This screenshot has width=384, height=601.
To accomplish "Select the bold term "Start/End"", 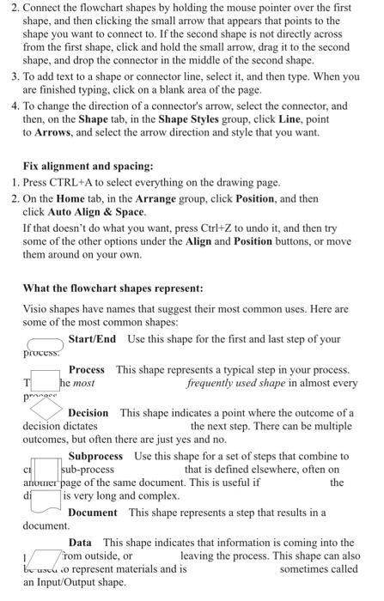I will coord(92,339).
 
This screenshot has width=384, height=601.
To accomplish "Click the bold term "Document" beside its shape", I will coord(94,513).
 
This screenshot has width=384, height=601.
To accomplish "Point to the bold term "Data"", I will coord(80,543).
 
